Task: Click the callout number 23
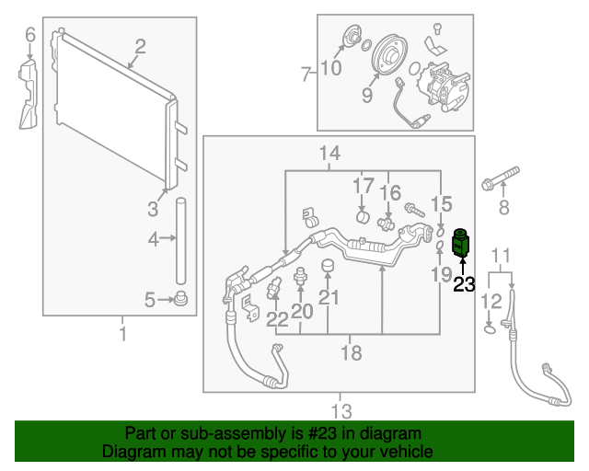click(464, 285)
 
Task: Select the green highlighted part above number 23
click(461, 245)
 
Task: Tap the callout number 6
click(29, 36)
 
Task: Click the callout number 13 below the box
click(341, 409)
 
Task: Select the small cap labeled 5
click(181, 297)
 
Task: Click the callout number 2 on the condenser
click(141, 47)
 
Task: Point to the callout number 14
click(329, 153)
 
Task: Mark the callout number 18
click(351, 352)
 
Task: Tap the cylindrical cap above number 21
click(327, 267)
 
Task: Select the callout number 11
click(500, 256)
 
